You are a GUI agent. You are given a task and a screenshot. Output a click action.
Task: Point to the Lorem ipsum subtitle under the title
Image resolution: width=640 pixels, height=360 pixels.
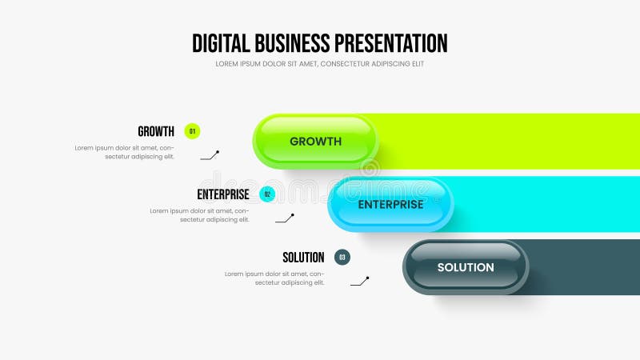320,64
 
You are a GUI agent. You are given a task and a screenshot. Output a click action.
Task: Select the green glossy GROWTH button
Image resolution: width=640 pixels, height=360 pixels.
315,142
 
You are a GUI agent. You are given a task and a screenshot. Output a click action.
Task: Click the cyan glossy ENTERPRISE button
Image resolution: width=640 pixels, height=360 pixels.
390,204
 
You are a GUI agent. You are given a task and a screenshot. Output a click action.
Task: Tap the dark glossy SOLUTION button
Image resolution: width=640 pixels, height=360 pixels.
466,267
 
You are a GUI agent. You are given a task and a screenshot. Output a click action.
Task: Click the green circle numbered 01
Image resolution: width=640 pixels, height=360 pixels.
192,131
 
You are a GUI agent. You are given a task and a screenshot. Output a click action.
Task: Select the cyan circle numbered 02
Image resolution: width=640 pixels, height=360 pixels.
267,194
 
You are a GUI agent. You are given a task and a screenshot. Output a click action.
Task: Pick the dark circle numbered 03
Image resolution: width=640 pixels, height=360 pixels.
342,258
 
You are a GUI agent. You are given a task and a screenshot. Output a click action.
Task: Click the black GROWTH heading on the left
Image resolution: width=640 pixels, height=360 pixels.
156,131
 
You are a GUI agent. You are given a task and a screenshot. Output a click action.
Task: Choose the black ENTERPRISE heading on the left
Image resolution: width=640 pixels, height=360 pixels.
223,194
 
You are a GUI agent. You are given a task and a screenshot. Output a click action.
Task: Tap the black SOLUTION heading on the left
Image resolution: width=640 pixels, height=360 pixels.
303,258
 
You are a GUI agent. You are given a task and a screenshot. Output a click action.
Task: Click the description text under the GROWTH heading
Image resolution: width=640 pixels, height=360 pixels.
125,152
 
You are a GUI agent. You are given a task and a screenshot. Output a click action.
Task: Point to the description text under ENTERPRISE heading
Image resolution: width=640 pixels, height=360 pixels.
200,214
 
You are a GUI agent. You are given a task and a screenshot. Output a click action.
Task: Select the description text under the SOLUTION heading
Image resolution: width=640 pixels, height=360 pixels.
274,278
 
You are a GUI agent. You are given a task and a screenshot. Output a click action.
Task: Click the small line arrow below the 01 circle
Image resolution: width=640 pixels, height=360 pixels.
210,155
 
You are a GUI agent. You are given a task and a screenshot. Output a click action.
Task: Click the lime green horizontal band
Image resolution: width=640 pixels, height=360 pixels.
512,142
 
